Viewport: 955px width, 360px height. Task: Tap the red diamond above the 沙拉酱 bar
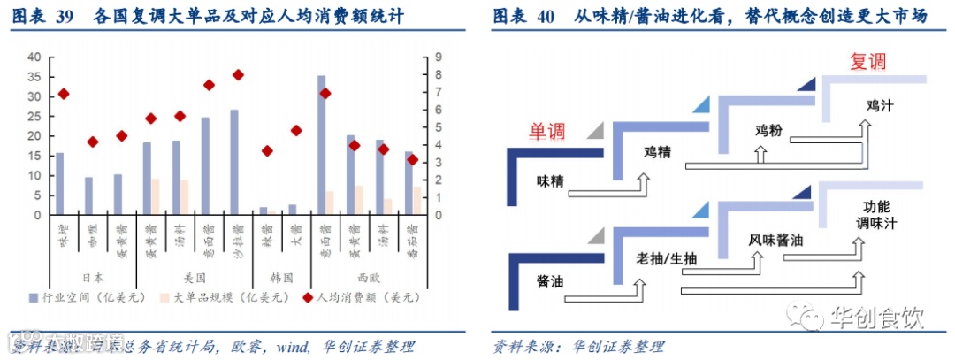click(237, 75)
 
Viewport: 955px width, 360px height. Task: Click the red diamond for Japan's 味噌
click(63, 94)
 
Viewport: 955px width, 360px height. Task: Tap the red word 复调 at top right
click(867, 62)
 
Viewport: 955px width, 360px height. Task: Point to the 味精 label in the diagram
click(550, 180)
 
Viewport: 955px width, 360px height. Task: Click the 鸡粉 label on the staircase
click(768, 131)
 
